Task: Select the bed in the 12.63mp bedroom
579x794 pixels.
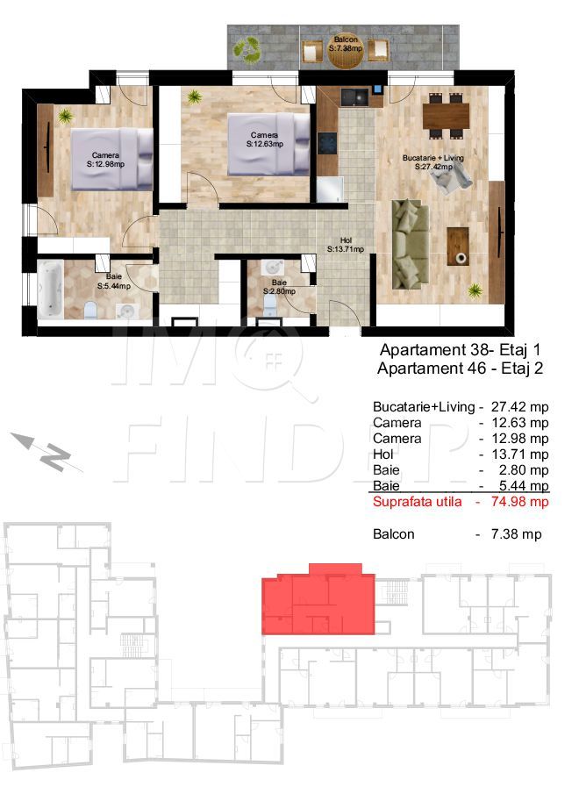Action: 268,144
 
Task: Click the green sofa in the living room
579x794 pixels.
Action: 410,243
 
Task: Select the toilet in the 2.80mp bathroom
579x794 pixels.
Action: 271,304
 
